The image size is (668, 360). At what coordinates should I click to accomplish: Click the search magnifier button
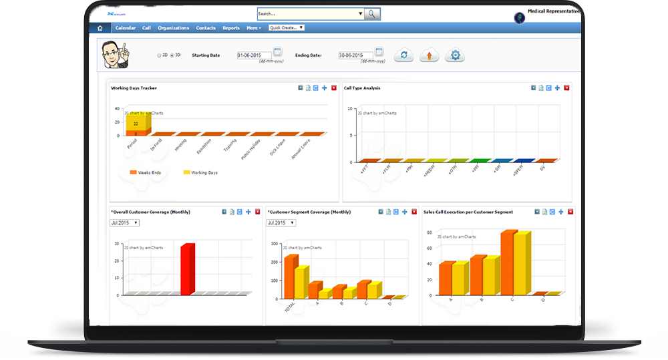coord(372,13)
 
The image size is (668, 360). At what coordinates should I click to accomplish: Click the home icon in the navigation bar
coord(100,28)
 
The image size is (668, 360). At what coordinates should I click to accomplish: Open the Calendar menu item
coord(126,28)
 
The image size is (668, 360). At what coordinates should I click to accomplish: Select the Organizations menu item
coord(174,28)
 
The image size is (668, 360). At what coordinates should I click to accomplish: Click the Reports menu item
coord(231,28)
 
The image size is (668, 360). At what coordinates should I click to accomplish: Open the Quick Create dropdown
coord(287,28)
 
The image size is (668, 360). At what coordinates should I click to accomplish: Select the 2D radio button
coord(159,55)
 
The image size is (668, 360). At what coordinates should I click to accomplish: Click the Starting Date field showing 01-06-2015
coord(254,55)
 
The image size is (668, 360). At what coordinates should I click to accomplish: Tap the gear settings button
coord(456,55)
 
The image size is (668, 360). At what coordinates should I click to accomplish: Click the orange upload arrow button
coord(429,55)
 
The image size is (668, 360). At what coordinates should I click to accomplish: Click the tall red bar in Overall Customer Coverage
coord(187,268)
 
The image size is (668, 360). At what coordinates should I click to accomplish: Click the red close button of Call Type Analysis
coord(567,87)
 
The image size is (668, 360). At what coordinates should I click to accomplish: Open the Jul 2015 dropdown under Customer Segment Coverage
coord(281,222)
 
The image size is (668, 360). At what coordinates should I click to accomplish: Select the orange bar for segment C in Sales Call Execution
coord(508,262)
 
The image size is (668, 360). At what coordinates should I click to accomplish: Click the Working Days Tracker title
coord(134,87)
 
